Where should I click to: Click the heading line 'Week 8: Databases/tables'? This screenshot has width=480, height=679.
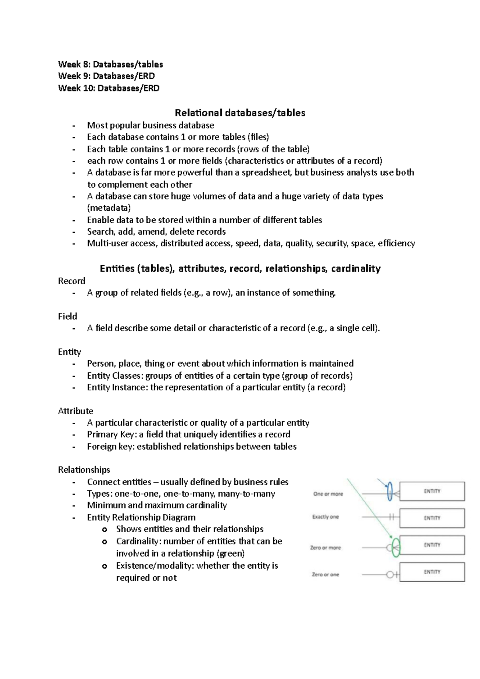tap(110, 64)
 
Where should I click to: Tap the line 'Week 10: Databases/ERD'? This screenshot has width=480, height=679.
tap(109, 88)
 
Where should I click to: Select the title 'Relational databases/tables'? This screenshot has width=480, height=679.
tap(240, 113)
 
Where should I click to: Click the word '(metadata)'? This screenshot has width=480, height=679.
tap(109, 208)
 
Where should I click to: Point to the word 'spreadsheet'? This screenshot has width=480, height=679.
tap(267, 172)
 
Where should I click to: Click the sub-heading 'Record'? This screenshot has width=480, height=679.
tap(72, 281)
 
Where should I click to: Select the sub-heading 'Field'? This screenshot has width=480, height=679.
tap(68, 316)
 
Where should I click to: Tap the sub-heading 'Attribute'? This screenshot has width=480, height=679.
tap(76, 411)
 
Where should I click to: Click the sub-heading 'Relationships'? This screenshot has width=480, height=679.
tap(84, 469)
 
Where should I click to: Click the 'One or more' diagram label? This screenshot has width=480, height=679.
tap(328, 494)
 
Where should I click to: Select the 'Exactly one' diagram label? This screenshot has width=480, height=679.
tap(326, 517)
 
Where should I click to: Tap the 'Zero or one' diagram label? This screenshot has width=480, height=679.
tap(325, 574)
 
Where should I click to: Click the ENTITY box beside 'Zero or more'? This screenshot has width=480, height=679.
tap(432, 545)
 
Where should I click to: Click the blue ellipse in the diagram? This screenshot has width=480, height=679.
tap(390, 491)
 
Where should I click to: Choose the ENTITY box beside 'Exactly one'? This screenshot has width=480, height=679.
tap(432, 518)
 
